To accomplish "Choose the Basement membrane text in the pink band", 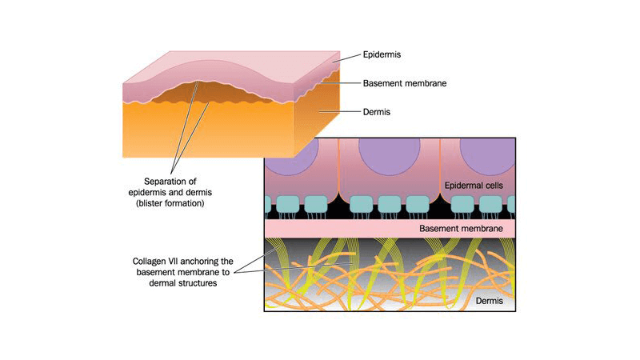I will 461,229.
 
